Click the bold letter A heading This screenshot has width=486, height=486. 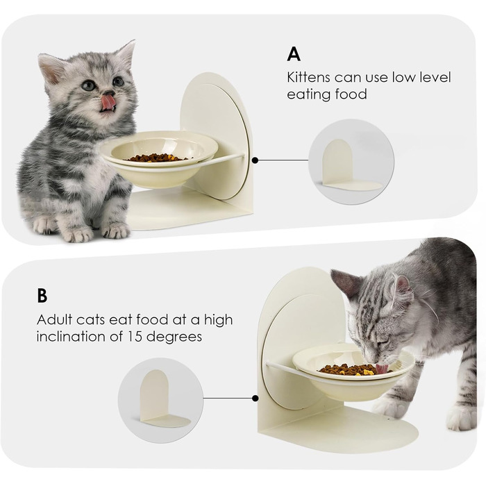(294, 54)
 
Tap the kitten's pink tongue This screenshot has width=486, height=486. (108, 103)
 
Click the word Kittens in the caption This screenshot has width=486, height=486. (308, 77)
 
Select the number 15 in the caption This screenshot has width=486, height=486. (134, 336)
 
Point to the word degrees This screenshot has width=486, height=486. (174, 337)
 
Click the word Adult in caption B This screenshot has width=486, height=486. (55, 319)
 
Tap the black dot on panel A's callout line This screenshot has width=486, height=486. (255, 160)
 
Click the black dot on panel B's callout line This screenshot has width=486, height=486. (255, 399)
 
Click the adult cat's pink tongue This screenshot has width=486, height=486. (382, 369)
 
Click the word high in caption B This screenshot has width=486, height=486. (219, 320)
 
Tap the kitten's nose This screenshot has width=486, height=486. (109, 92)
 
